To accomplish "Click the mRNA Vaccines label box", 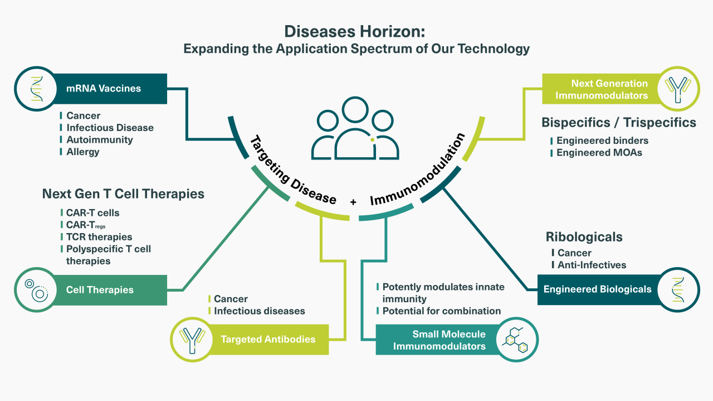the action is click(x=110, y=89).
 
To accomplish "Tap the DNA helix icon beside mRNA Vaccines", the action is click(x=37, y=89).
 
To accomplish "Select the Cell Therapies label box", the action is click(x=110, y=290).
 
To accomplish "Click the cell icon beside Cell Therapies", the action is click(x=37, y=290).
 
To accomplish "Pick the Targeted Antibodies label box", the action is click(x=268, y=340).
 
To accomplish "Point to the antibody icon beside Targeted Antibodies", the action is click(x=192, y=340).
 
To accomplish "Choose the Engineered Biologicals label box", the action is click(x=598, y=290).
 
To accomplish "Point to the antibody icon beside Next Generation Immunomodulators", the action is click(x=678, y=89).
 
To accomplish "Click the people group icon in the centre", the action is click(x=355, y=128).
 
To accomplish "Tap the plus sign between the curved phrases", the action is click(x=353, y=202).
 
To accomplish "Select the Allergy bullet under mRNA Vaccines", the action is click(x=80, y=152).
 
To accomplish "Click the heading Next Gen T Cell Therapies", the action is click(x=123, y=194).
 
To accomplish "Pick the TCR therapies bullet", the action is click(x=96, y=237).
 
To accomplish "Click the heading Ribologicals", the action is click(x=584, y=237).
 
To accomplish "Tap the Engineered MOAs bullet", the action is click(x=596, y=153).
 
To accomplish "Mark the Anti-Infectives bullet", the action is click(x=589, y=265).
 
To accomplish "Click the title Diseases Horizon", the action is click(x=355, y=32).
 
